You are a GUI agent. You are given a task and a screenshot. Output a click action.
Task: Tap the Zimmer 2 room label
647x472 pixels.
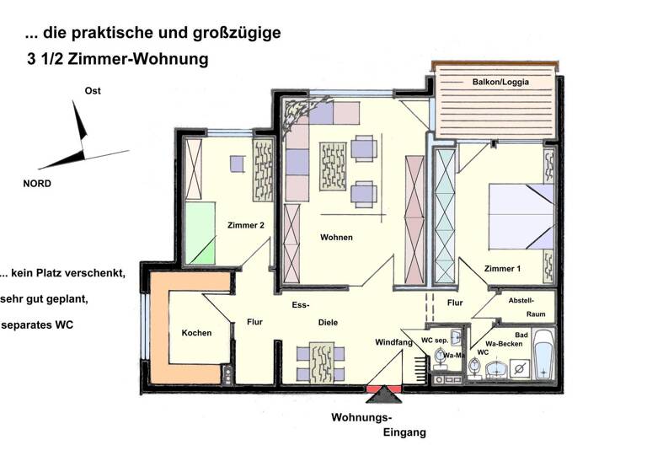click(x=246, y=225)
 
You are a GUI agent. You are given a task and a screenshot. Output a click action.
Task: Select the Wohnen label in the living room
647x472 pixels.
click(x=336, y=237)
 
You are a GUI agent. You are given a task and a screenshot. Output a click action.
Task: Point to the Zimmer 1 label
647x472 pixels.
click(x=502, y=269)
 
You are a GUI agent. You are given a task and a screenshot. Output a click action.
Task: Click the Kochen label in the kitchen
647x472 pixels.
click(x=196, y=333)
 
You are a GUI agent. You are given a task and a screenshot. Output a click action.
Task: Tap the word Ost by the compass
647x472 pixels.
click(x=93, y=91)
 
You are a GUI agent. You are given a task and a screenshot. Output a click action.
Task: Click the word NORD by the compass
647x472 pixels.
click(x=36, y=184)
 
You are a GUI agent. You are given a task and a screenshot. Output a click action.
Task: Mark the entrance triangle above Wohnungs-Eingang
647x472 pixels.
click(x=386, y=394)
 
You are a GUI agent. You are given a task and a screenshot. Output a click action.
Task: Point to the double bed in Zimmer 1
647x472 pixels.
click(x=521, y=217)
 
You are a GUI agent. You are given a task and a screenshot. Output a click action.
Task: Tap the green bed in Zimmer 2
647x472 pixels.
click(x=201, y=231)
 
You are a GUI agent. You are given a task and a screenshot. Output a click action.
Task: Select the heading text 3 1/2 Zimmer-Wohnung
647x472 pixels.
click(x=117, y=61)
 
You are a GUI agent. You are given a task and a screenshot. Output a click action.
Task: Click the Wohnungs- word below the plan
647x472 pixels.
click(x=361, y=418)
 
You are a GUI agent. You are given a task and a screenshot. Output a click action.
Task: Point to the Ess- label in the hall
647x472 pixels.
click(x=302, y=305)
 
